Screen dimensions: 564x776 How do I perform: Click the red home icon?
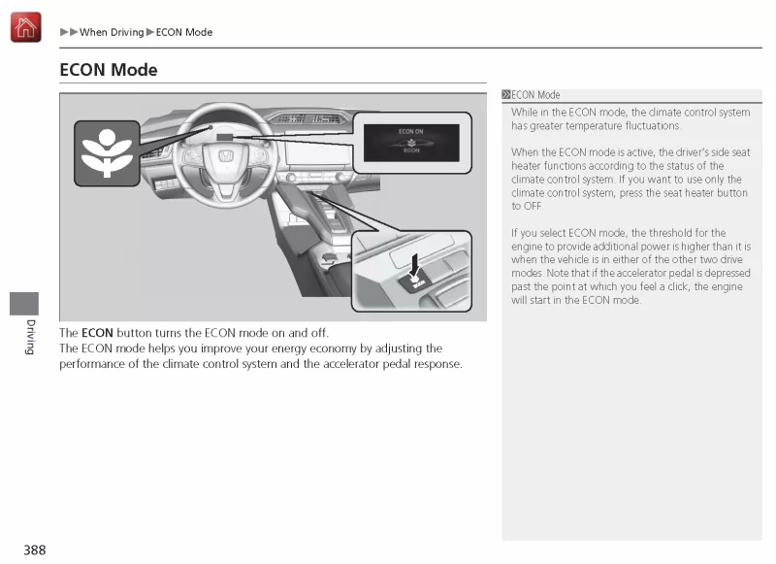[x=25, y=27]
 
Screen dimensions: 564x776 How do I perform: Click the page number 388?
[x=35, y=550]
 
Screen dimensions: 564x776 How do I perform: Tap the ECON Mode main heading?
[x=109, y=70]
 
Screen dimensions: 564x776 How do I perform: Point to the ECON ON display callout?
[x=411, y=142]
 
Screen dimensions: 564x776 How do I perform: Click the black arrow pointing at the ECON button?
[x=416, y=264]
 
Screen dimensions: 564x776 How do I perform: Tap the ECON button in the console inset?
[x=417, y=282]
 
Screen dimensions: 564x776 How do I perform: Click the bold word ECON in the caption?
[x=98, y=333]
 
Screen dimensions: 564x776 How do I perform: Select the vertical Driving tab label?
[x=30, y=336]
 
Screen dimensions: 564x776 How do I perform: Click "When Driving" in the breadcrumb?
[x=112, y=33]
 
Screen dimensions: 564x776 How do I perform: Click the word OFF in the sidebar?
[x=533, y=206]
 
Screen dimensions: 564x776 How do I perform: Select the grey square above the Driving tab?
[x=24, y=302]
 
